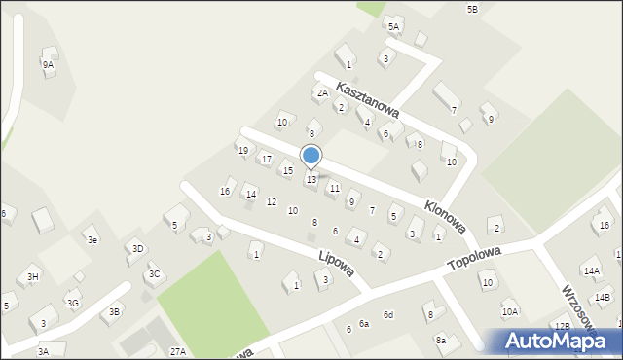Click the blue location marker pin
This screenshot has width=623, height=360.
pos(311,156)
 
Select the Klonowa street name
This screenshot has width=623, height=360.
pos(445,217)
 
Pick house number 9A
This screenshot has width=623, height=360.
pos(48,64)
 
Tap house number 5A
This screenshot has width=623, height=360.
pos(393,27)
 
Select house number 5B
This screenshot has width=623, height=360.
pos(472,9)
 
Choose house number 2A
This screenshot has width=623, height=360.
pos(321,93)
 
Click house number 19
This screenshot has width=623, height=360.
pos(242,150)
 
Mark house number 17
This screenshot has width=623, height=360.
pos(267,159)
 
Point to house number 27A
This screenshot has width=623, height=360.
pos(177,351)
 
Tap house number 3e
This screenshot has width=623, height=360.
pos(92,239)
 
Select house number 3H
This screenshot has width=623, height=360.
pos(33,277)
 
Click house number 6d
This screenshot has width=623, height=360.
pos(387,314)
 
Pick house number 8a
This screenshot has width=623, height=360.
pos(440,340)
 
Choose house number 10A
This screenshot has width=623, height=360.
pos(510,312)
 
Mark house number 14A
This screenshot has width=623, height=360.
pos(591,270)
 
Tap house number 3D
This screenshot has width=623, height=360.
pos(137,249)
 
